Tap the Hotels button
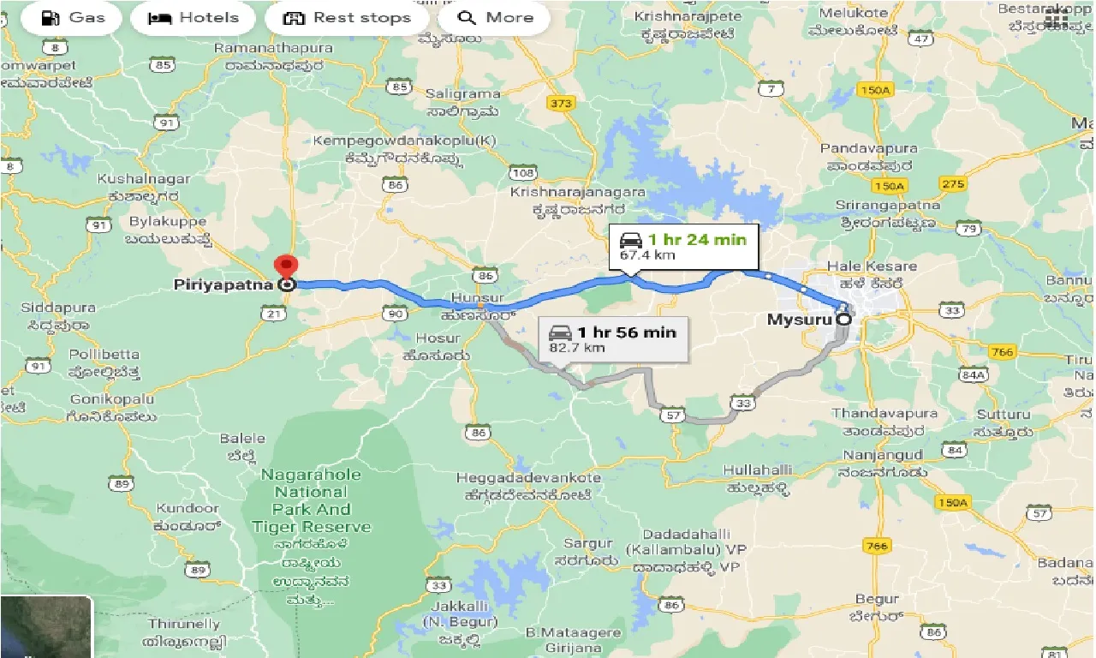pyautogui.click(x=194, y=18)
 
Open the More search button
pyautogui.click(x=493, y=18)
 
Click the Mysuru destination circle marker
pyautogui.click(x=843, y=319)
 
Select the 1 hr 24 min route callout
pyautogui.click(x=683, y=246)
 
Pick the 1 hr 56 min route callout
pyautogui.click(x=613, y=339)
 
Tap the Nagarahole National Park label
pyautogui.click(x=311, y=500)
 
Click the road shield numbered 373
pyautogui.click(x=560, y=104)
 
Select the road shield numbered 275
pyautogui.click(x=952, y=184)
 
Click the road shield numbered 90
pyautogui.click(x=396, y=314)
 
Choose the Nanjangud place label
pyautogui.click(x=882, y=454)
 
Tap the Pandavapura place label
pyautogui.click(x=868, y=149)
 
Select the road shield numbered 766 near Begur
pyautogui.click(x=879, y=545)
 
